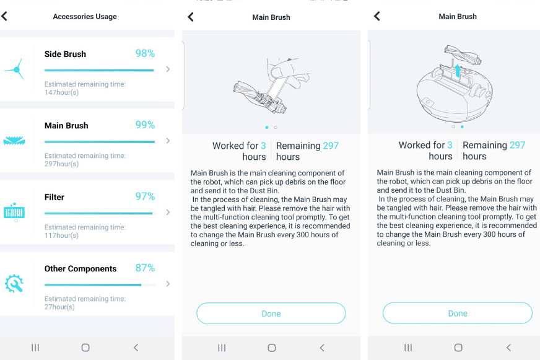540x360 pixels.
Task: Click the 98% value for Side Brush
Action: [x=145, y=53]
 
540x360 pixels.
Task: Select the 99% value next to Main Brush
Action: [x=145, y=125]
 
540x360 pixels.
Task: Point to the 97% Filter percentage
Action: [x=145, y=196]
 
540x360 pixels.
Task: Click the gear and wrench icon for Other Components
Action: [x=14, y=284]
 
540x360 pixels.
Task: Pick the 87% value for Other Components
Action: [x=145, y=268]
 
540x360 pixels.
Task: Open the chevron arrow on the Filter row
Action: [x=168, y=213]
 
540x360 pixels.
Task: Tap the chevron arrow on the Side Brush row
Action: [x=168, y=69]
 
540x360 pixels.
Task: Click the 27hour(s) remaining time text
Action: [x=60, y=307]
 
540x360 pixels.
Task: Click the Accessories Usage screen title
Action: [x=85, y=17]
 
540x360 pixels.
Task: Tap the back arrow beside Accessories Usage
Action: [x=5, y=16]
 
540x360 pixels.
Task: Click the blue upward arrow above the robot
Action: [x=458, y=70]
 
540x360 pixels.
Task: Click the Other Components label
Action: [x=81, y=268]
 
